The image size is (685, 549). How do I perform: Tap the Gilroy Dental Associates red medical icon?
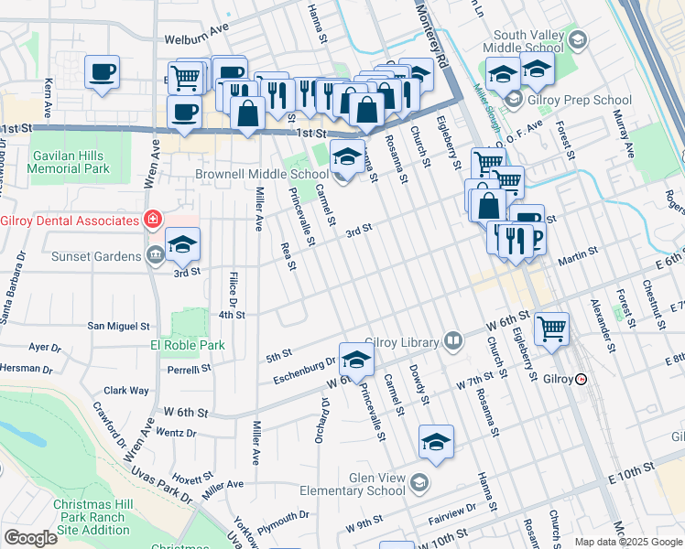[x=152, y=221]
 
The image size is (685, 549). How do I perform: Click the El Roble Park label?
[x=187, y=345]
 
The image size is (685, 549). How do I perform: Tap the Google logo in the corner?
[x=30, y=538]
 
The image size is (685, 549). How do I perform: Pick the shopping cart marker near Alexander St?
[x=551, y=328]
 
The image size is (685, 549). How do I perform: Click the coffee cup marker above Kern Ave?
[x=102, y=70]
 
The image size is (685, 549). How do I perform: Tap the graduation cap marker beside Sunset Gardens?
[x=182, y=244]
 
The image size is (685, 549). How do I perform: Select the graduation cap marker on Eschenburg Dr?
[x=356, y=359]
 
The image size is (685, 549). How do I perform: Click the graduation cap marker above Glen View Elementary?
[x=437, y=442]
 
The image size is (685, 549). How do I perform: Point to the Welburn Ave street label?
[x=196, y=40]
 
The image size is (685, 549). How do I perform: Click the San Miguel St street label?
[x=118, y=326]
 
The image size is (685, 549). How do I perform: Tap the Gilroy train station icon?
[x=581, y=379]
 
